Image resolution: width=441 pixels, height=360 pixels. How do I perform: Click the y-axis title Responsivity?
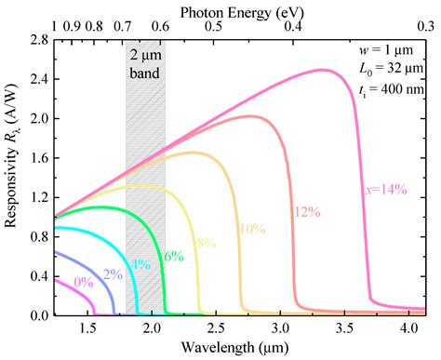click(x=12, y=177)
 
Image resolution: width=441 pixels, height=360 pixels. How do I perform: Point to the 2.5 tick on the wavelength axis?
click(x=217, y=329)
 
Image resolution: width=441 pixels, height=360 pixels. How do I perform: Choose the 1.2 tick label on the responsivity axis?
click(x=38, y=198)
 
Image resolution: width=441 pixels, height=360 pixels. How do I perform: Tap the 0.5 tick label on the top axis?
click(x=213, y=28)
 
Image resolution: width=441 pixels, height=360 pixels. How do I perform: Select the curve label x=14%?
click(x=382, y=189)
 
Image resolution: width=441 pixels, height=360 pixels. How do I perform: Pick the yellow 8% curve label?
click(x=204, y=243)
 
